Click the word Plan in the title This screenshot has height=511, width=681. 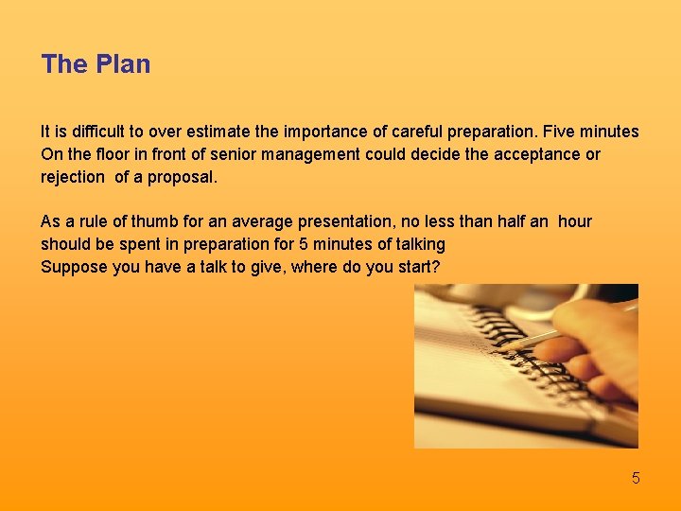[x=124, y=64]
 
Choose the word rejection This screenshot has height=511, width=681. [x=72, y=177]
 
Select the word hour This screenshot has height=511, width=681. [x=574, y=222]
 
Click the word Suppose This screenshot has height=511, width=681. [x=74, y=267]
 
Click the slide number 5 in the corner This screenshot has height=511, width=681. [x=636, y=478]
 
